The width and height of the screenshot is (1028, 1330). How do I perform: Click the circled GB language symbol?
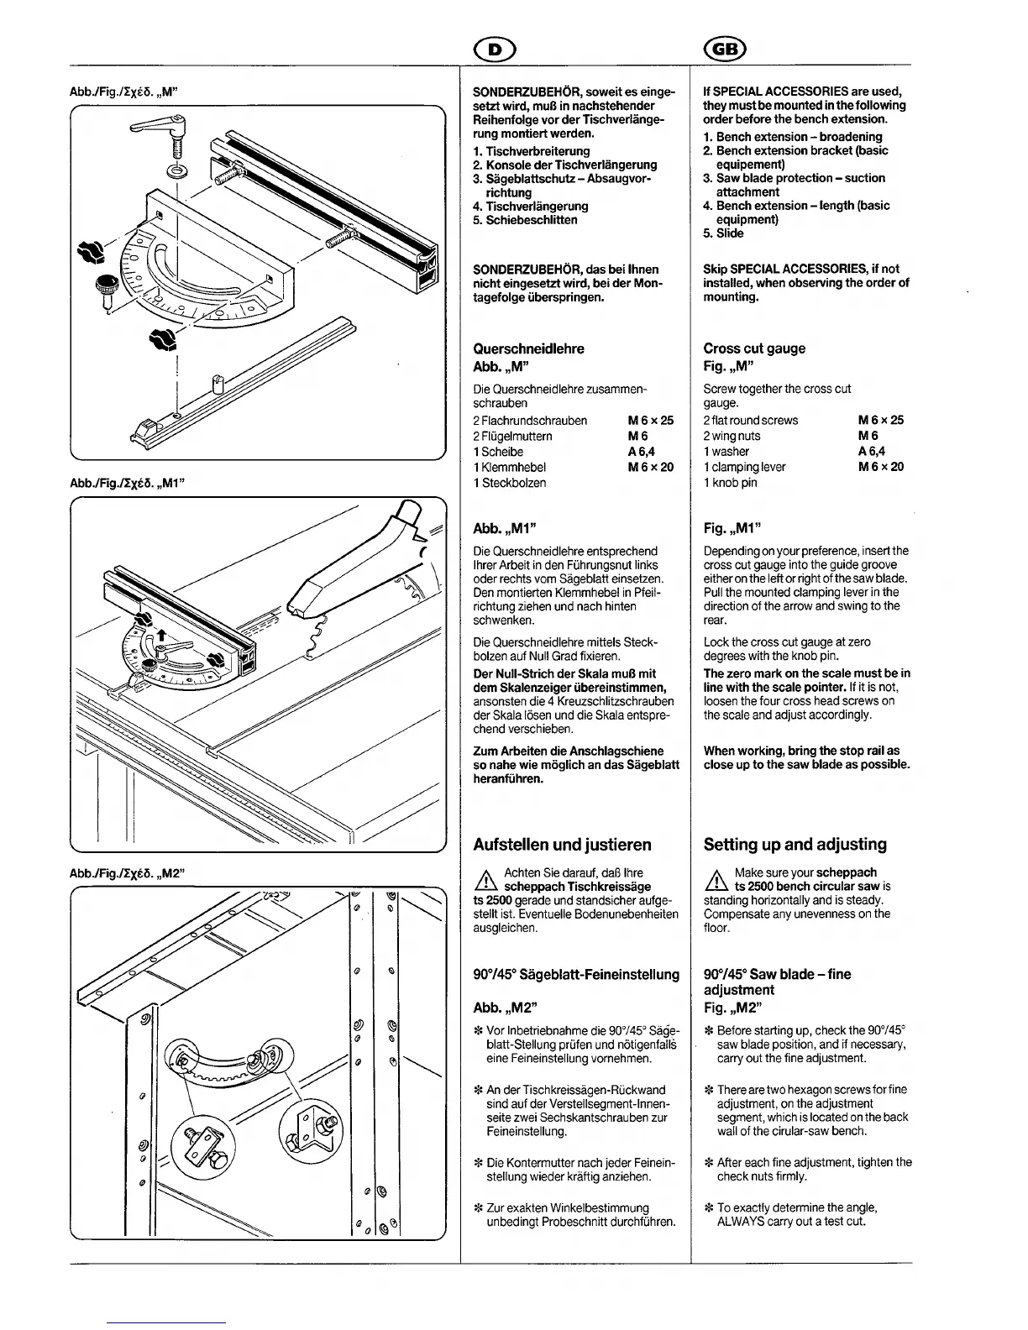[x=730, y=50]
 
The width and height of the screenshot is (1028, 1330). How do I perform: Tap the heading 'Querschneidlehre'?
[x=528, y=348]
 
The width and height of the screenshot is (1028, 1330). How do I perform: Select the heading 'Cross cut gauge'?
[x=754, y=348]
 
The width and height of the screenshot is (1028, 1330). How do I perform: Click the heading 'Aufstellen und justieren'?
[x=562, y=845]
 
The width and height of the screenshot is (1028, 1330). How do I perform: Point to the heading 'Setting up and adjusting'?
[x=795, y=845]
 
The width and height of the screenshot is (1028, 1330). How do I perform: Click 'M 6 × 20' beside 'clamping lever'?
[x=880, y=467]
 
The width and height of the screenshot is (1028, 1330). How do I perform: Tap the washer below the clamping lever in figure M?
[x=177, y=172]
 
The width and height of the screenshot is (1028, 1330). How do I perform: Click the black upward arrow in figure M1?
[x=161, y=636]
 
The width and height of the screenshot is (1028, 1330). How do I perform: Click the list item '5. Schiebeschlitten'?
[x=525, y=220]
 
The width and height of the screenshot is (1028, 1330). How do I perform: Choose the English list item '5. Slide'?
[x=723, y=233]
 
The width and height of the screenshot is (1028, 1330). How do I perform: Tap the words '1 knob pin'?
[x=730, y=483]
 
